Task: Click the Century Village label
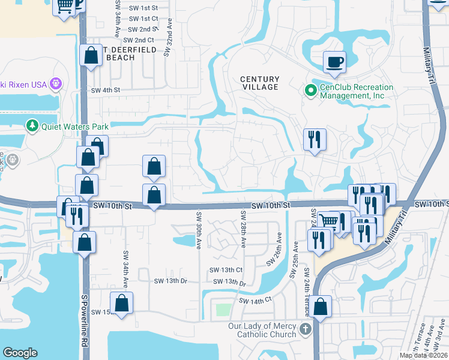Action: pos(260,83)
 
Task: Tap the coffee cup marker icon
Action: pos(334,61)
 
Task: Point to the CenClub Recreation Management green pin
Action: pos(310,91)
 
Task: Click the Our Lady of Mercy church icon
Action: pos(306,329)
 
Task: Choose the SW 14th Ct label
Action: pos(255,299)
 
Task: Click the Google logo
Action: pos(20,353)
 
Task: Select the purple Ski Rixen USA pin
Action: pos(56,84)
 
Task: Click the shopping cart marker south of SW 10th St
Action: pos(329,222)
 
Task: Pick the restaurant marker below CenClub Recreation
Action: pos(315,140)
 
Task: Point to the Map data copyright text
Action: pos(423,355)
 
